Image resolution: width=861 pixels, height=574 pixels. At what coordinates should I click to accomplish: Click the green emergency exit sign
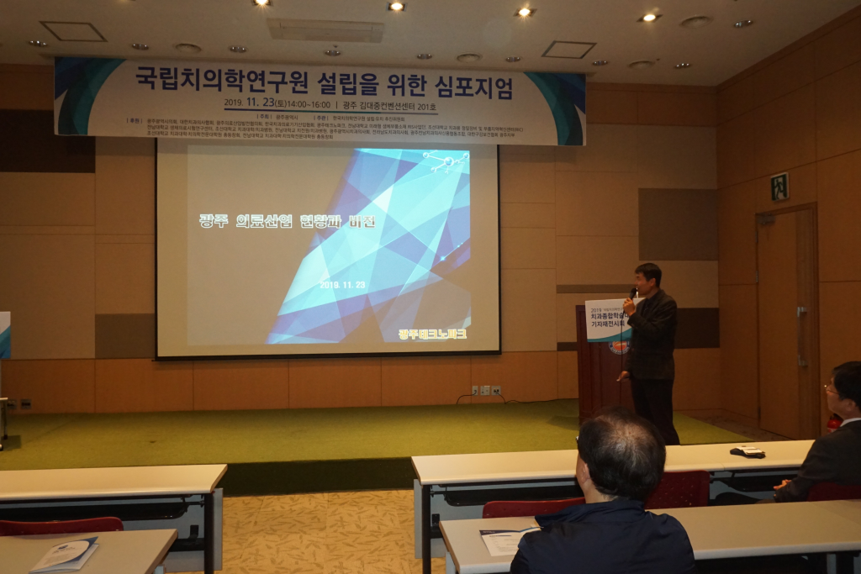click(x=779, y=186)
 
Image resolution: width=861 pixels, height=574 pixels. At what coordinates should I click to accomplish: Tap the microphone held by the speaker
click(x=632, y=293)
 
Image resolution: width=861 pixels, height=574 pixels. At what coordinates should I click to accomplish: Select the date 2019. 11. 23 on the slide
click(x=342, y=285)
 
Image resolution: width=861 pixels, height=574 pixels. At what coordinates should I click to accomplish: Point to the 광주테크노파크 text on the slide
click(x=432, y=334)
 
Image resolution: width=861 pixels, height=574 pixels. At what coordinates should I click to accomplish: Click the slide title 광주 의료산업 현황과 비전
click(x=287, y=221)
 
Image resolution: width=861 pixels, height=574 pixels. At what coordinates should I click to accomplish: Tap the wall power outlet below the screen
click(x=485, y=390)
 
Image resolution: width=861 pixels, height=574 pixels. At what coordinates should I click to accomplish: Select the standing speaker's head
click(x=648, y=276)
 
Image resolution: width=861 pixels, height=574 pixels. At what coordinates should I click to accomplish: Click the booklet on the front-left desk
click(x=64, y=554)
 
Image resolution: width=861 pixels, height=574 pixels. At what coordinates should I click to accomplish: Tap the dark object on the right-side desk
click(x=747, y=451)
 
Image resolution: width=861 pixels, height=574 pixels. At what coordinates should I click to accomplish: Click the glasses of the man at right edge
click(x=831, y=390)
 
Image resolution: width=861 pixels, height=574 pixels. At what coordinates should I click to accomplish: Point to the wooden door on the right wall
click(x=787, y=319)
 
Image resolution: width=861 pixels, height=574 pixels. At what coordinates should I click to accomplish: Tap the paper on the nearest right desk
click(x=505, y=540)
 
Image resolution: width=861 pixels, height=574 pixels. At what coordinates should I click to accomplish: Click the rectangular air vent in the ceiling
click(x=325, y=29)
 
